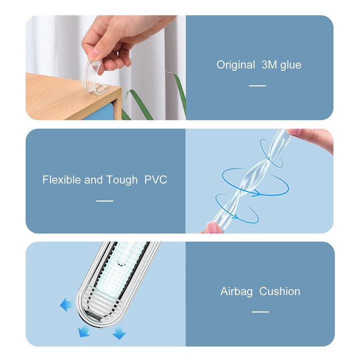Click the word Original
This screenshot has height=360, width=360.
coord(235,64)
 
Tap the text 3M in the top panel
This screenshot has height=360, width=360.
coord(269,64)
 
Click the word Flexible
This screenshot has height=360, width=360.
coord(61,179)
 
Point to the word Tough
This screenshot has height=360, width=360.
coord(122,180)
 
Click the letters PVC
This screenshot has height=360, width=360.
coord(155,179)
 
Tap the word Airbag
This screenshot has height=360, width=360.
coord(236,292)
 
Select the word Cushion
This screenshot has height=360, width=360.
coord(279,291)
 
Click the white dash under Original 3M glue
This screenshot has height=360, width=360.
coord(257,85)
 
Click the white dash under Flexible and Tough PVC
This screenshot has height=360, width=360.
coord(104,201)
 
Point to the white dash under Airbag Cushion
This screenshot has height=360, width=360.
coord(260,312)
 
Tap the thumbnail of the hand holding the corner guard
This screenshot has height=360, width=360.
coord(93,54)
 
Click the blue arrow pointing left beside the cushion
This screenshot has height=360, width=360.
coord(65,304)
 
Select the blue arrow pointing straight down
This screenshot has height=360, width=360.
coord(119,333)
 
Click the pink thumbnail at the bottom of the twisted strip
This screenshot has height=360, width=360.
coord(213,228)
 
